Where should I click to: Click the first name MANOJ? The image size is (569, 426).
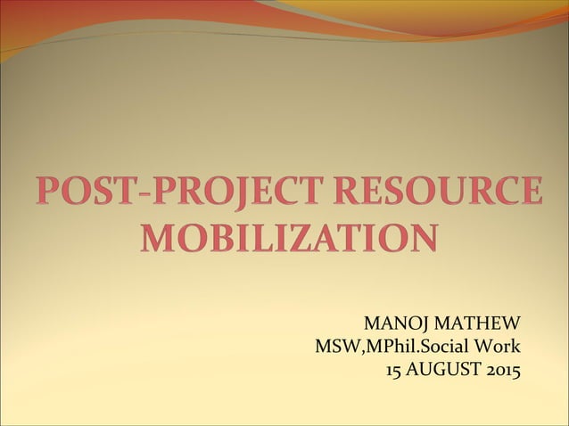[x=388, y=322]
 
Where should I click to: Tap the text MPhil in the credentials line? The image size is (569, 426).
[x=385, y=345]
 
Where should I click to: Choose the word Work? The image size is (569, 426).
[x=499, y=345]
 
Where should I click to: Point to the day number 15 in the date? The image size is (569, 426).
[x=393, y=367]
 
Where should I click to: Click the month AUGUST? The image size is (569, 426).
[x=438, y=367]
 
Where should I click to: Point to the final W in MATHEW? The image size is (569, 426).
[x=510, y=322]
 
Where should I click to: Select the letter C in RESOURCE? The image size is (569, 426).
[x=500, y=194]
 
